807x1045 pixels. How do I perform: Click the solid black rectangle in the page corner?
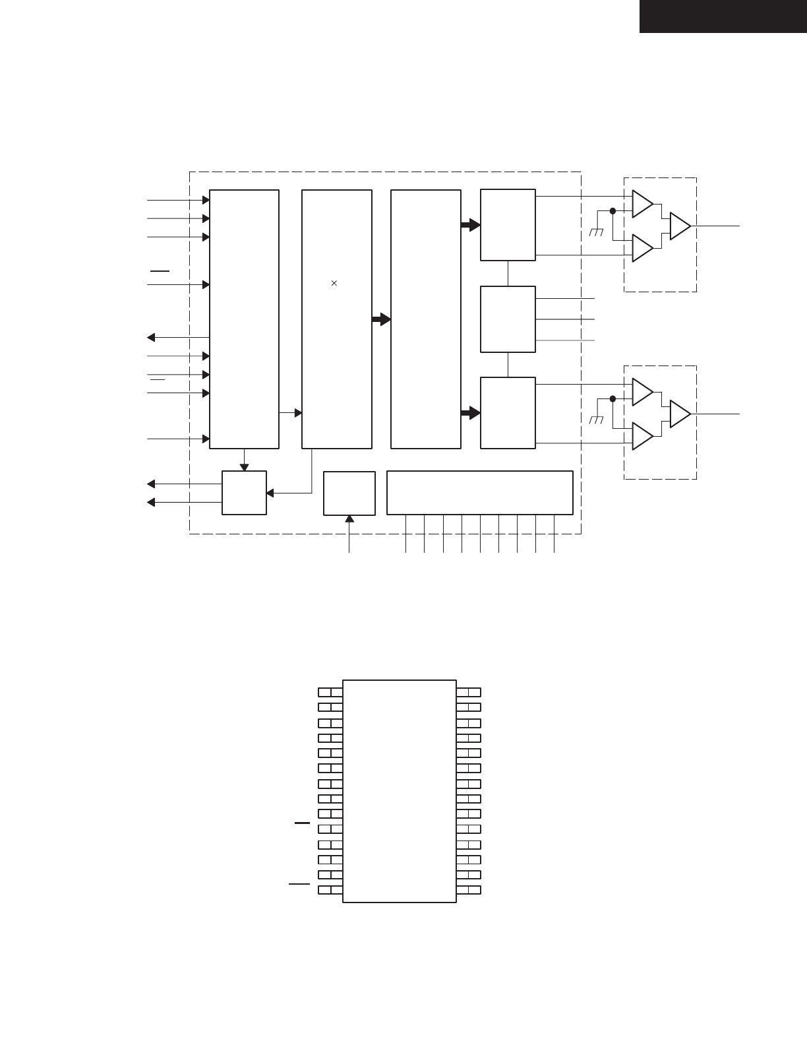coord(723,16)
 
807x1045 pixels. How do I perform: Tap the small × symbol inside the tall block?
coord(334,283)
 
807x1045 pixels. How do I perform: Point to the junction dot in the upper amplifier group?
coord(613,211)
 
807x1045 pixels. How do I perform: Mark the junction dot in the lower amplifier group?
coord(613,398)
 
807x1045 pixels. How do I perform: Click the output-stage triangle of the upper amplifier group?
coord(680,226)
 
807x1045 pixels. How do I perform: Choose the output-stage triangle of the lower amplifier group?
coord(680,414)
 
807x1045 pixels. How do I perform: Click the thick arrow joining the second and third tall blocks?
coord(381,319)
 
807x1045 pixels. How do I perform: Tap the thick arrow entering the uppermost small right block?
coord(470,225)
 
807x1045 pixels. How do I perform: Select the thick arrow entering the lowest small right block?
coord(470,413)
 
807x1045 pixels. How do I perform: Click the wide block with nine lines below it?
coord(479,492)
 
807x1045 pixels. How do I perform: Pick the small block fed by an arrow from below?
coord(349,492)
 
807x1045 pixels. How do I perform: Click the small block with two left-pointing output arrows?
coord(244,493)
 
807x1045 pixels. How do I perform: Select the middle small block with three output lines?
coord(508,319)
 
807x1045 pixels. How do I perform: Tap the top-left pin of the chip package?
coord(330,692)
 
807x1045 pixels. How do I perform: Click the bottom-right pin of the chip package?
coord(469,890)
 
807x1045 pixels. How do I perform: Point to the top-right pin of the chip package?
coord(469,692)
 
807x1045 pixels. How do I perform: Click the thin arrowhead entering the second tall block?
coord(298,413)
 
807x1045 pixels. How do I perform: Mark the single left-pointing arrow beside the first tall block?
coord(151,338)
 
